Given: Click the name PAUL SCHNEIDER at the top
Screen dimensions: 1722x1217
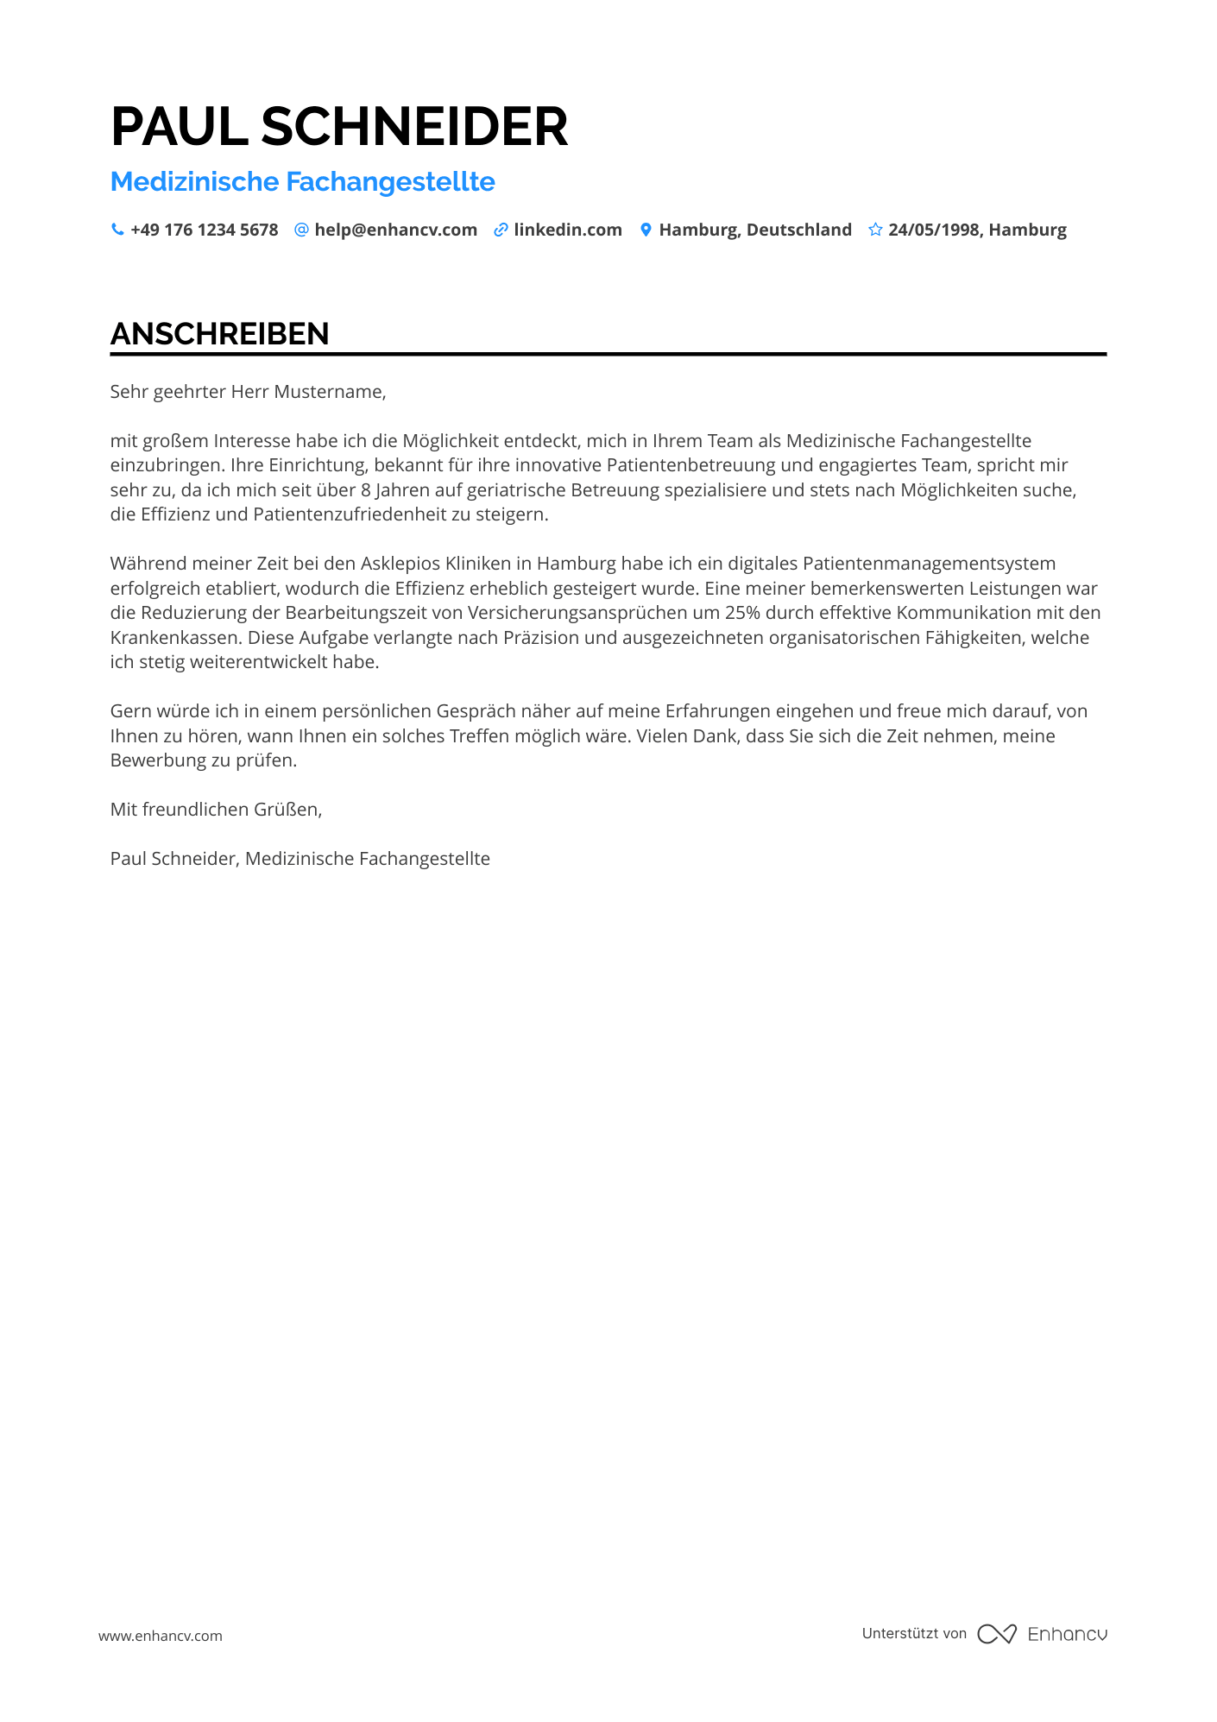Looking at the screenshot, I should point(339,127).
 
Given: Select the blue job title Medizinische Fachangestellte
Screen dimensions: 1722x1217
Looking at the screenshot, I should point(302,182).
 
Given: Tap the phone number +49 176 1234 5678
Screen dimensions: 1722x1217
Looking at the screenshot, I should point(204,230).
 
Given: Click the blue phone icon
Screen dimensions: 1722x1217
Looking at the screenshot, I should point(117,230).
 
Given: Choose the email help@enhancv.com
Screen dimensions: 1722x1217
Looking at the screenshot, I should point(395,230).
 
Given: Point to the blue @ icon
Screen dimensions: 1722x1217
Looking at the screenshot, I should point(301,230).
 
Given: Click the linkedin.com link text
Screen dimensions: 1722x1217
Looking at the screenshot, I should point(567,230).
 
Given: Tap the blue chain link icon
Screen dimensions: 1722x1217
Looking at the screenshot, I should point(501,230).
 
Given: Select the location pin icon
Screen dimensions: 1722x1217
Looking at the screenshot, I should point(645,230).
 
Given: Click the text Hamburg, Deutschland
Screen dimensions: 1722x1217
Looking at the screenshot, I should point(754,230).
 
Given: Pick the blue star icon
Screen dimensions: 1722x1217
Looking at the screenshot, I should point(875,230).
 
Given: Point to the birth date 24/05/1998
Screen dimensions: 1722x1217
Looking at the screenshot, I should point(934,230).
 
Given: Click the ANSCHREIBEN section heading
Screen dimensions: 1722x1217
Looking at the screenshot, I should point(219,334).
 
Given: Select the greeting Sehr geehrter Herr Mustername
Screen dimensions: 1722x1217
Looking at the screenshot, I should point(248,392).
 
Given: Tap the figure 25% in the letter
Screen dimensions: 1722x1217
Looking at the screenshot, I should point(742,613).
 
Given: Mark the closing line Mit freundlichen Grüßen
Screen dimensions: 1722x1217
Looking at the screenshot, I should point(216,810).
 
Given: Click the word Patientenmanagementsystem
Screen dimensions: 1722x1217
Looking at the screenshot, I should point(929,564).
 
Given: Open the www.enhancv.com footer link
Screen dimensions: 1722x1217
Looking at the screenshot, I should point(160,1636).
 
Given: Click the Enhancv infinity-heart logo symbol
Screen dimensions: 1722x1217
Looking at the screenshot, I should point(997,1634).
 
